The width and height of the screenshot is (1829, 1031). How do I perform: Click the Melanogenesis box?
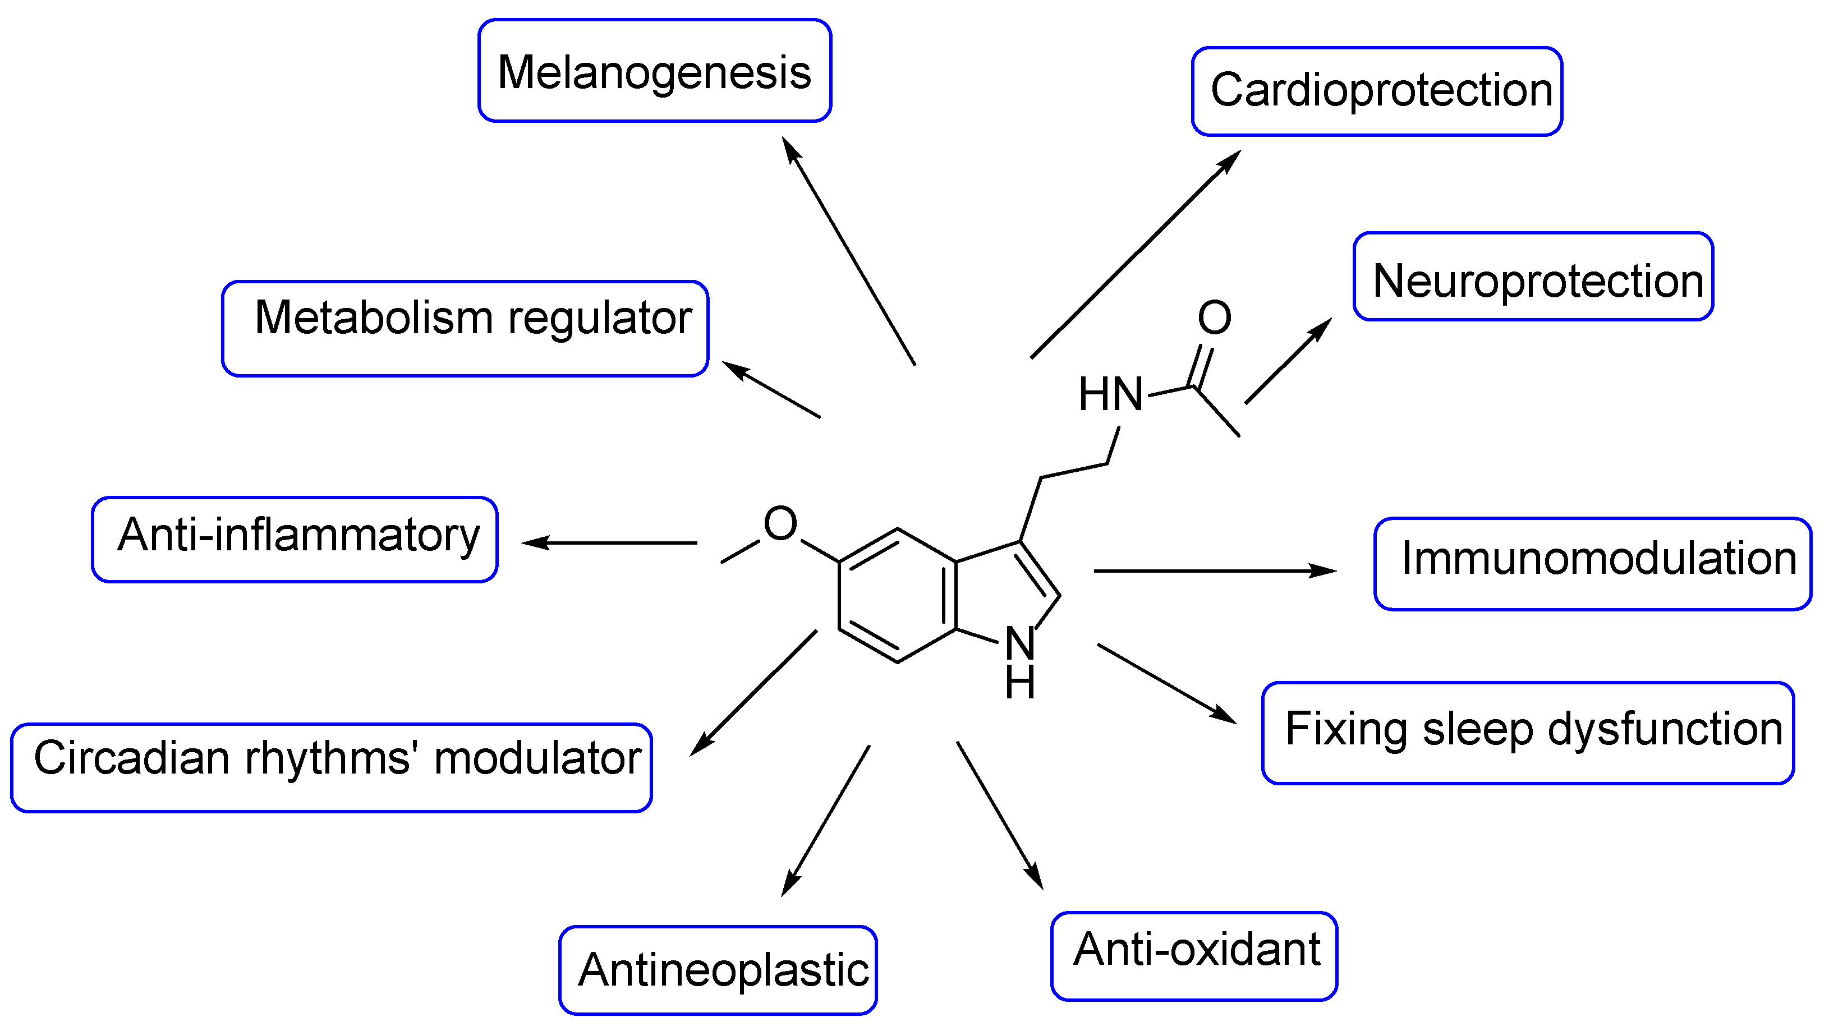click(x=654, y=71)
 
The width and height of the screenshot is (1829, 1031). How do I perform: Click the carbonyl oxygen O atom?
click(x=1214, y=317)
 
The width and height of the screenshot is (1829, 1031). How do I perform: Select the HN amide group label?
click(x=1110, y=395)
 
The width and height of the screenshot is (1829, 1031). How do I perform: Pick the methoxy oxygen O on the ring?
click(x=780, y=524)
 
